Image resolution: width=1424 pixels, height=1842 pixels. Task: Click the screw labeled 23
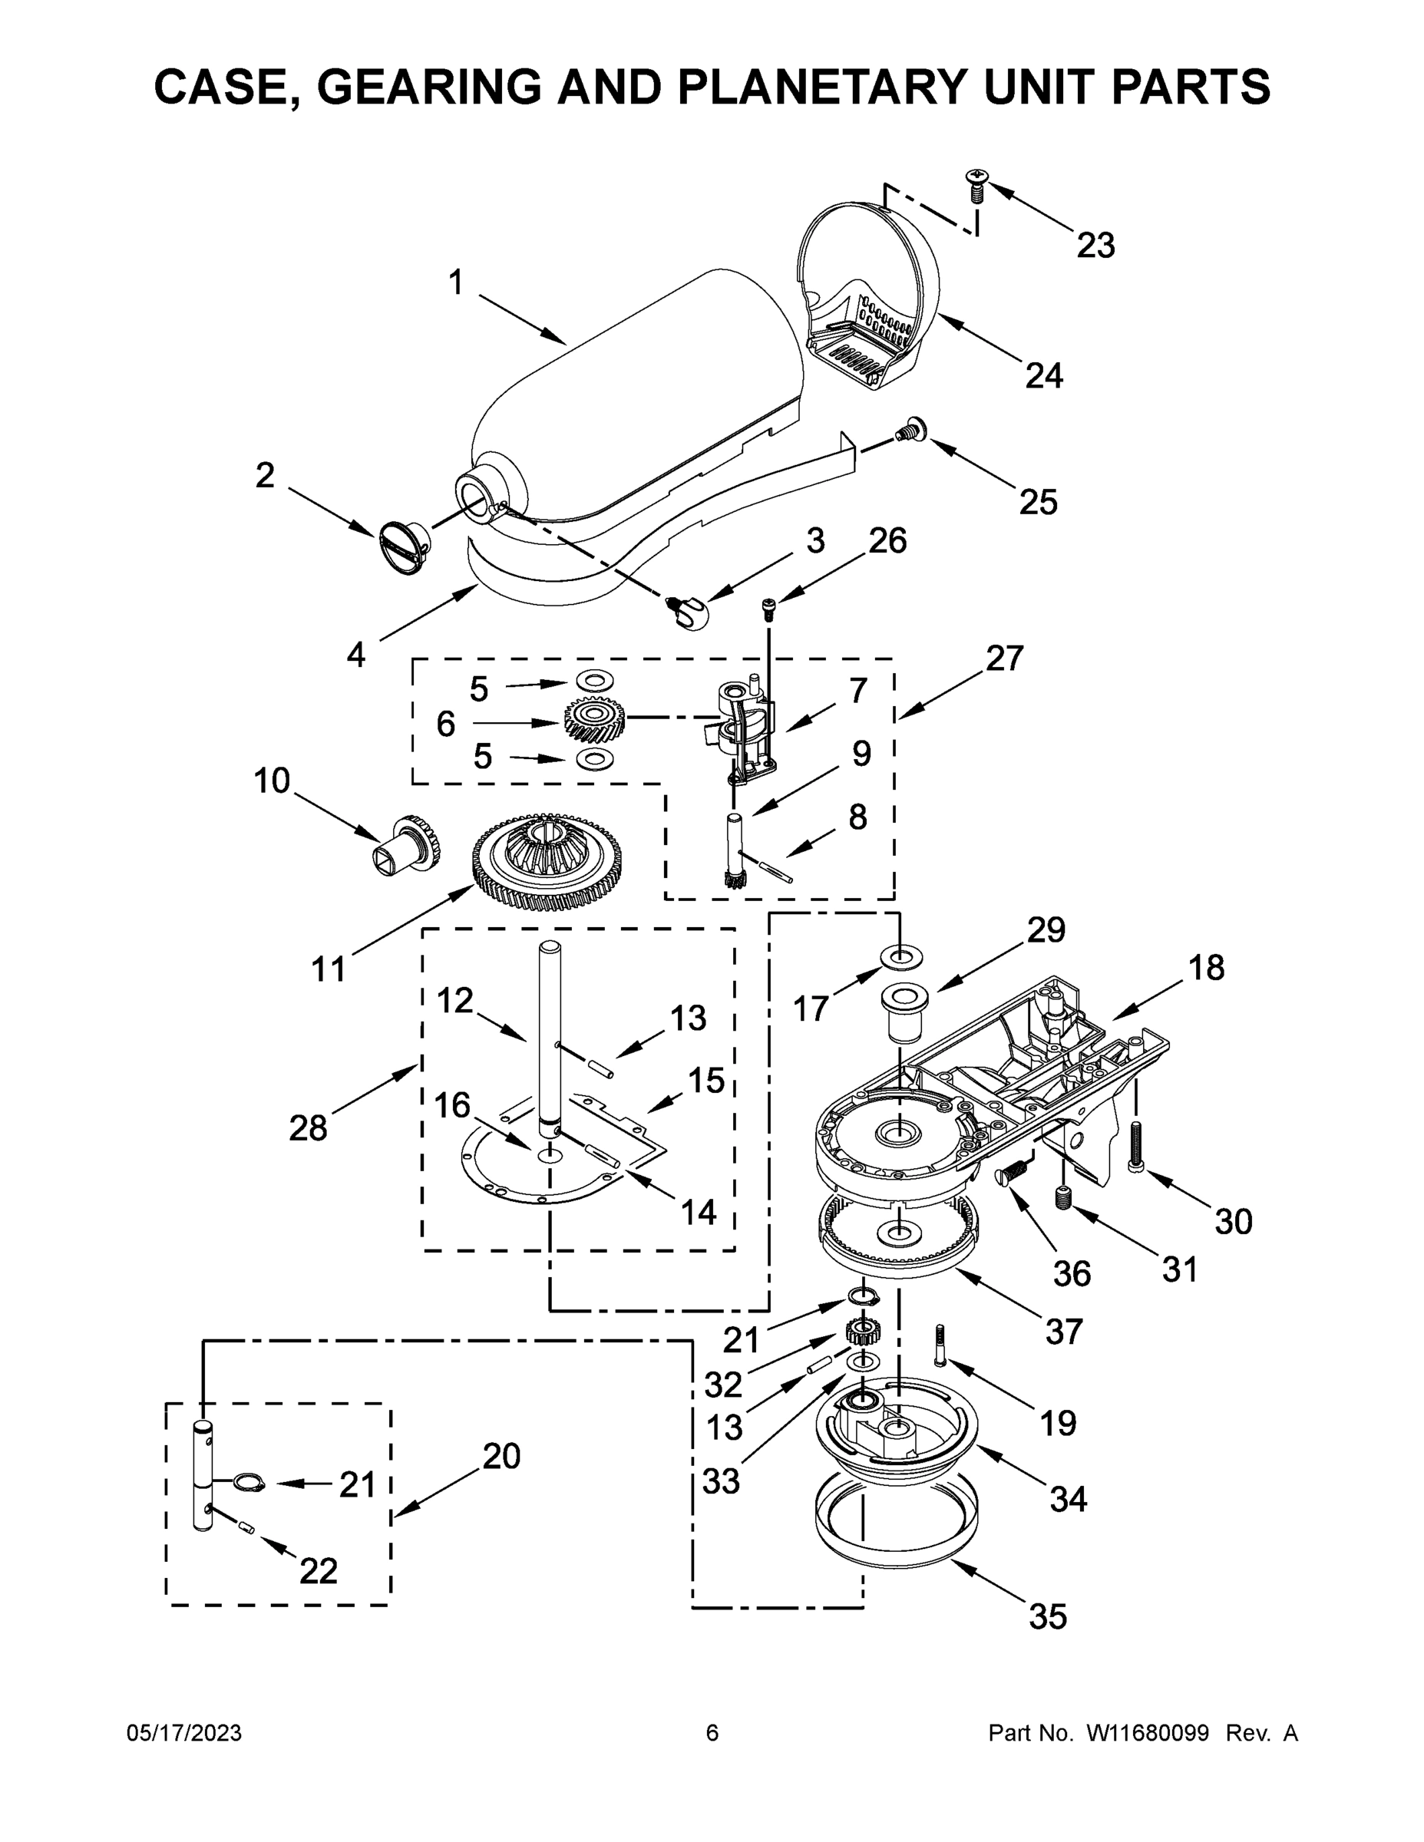coord(977,185)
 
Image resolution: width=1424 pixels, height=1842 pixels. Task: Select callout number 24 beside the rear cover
coord(1043,375)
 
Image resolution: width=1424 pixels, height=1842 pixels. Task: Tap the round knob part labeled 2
coord(402,547)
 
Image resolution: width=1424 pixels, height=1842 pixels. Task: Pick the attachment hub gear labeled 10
coord(408,843)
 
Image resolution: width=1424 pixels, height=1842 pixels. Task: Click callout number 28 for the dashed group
coord(307,1127)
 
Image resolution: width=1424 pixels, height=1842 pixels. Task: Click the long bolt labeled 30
coord(1135,1144)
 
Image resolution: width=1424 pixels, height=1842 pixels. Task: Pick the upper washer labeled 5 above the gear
coord(594,680)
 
